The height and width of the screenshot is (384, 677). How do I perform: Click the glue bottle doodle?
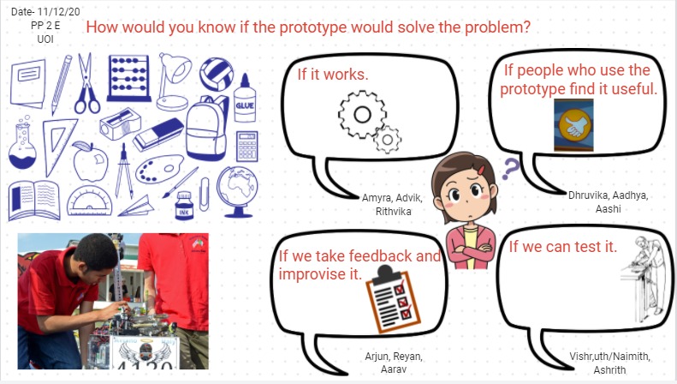click(245, 99)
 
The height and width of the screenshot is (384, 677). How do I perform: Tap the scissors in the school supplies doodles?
click(87, 83)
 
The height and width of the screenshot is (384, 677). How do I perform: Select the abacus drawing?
click(129, 78)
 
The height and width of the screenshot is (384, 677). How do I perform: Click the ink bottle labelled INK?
click(184, 206)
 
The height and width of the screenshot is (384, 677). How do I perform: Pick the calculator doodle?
click(247, 147)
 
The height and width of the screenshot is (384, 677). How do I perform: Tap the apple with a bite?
click(90, 161)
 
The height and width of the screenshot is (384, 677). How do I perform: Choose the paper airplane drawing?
click(136, 207)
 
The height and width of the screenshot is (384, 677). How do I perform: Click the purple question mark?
click(510, 169)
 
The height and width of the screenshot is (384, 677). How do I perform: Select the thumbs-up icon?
click(573, 125)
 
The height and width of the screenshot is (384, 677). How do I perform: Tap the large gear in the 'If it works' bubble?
click(362, 115)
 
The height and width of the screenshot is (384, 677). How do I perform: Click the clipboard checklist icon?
click(393, 299)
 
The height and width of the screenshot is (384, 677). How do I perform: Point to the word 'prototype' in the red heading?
click(313, 27)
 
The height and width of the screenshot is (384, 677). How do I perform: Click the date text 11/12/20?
click(59, 12)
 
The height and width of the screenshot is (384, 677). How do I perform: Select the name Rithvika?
click(394, 212)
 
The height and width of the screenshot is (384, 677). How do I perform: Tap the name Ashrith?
click(609, 369)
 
